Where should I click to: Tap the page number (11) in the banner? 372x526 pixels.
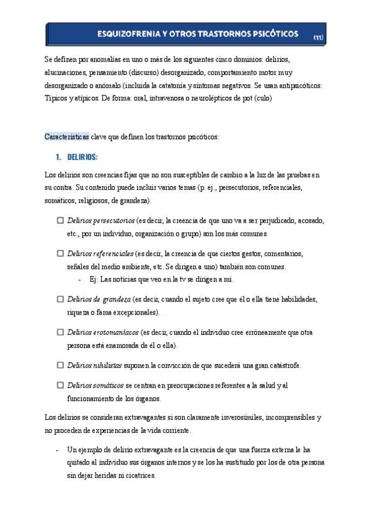click(x=317, y=37)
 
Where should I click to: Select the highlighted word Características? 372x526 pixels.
click(x=67, y=136)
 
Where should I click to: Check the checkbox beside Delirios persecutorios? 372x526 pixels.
click(x=60, y=220)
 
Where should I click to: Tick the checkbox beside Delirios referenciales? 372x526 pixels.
click(x=60, y=254)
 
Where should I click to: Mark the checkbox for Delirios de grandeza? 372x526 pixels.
click(x=60, y=299)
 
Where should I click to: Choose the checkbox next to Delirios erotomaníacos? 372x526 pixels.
click(x=60, y=332)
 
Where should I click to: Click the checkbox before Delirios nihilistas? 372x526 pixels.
click(x=60, y=365)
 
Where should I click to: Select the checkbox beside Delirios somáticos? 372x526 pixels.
click(x=60, y=386)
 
